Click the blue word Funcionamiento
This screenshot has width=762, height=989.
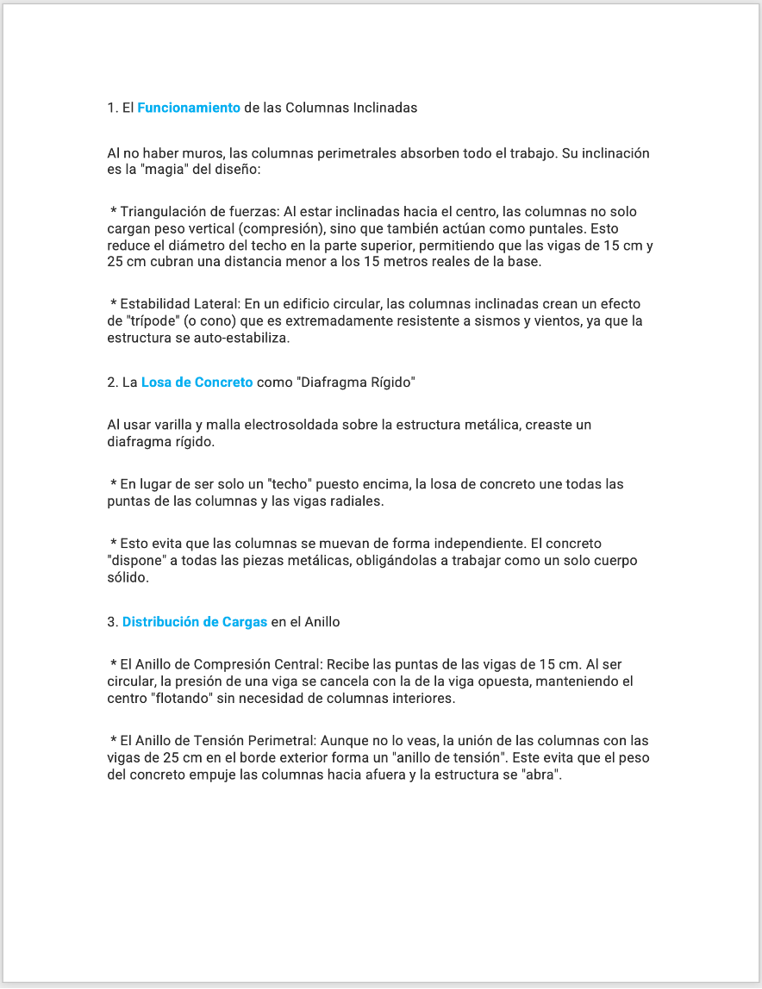pos(188,108)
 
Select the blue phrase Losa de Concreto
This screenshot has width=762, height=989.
pos(197,383)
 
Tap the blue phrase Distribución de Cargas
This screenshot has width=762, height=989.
pos(195,622)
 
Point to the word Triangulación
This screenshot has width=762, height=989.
pos(160,212)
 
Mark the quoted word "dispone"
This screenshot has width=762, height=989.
pos(136,561)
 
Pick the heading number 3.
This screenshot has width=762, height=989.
pos(112,622)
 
